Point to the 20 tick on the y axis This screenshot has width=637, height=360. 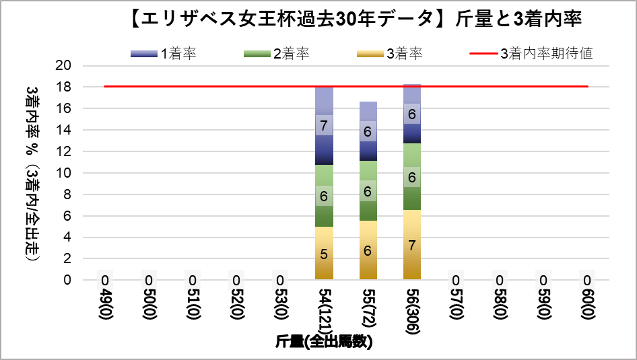tap(65, 66)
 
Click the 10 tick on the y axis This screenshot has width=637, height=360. tap(65, 173)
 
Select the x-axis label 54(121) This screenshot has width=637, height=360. tap(324, 309)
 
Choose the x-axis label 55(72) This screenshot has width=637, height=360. tap(368, 306)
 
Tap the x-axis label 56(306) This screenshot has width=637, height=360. tap(411, 309)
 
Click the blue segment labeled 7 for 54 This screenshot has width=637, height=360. tap(324, 126)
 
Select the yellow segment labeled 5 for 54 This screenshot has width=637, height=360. tap(324, 254)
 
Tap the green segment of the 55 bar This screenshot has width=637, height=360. tap(368, 191)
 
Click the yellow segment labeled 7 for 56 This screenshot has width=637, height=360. tap(411, 244)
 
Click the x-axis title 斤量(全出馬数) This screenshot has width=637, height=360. tap(324, 342)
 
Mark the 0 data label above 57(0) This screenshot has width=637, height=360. tap(456, 280)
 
